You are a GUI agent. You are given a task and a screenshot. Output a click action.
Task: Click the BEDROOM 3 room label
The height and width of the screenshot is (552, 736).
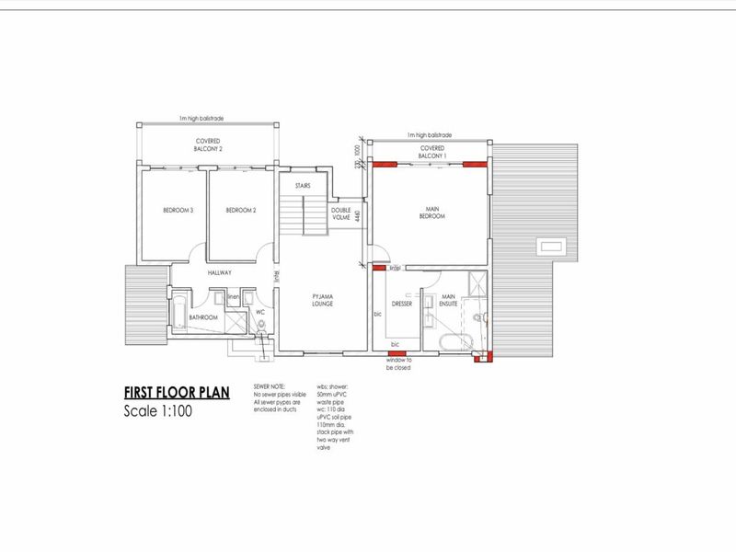coord(178,211)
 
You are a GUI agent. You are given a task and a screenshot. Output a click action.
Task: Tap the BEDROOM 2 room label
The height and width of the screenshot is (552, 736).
coord(240,211)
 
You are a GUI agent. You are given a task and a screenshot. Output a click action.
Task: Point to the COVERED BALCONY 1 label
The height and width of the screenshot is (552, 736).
coord(432,152)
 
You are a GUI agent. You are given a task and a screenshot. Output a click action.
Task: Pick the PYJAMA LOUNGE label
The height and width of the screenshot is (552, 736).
coord(321,299)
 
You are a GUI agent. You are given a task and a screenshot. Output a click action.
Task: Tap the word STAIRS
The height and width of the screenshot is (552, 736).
coord(303,186)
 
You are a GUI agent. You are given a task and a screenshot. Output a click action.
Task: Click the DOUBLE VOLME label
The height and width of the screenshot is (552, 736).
coord(342,213)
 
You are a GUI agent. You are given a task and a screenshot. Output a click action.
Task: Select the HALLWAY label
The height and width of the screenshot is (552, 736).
coord(219,273)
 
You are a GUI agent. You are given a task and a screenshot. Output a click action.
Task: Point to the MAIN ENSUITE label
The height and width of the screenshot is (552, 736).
coord(449,299)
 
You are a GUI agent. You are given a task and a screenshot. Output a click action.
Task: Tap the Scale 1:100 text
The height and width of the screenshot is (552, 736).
coord(158,411)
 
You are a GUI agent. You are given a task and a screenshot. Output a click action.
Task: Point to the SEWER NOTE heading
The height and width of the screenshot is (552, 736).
coord(269,385)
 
